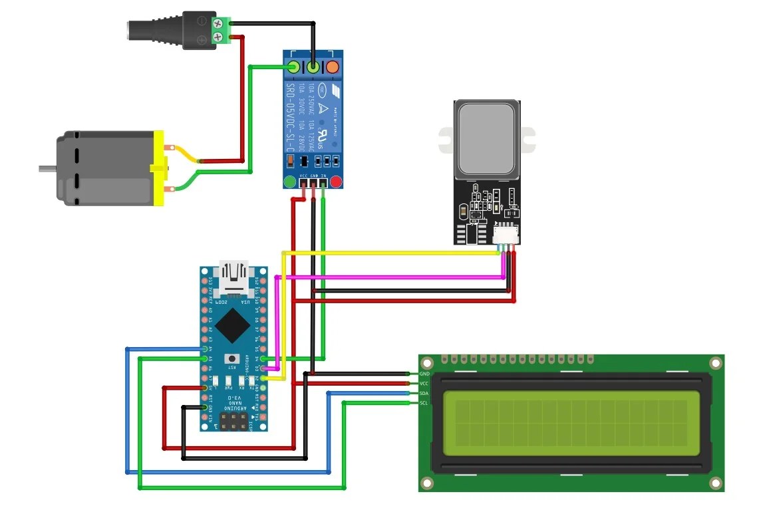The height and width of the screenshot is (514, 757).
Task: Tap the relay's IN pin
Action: pos(323,184)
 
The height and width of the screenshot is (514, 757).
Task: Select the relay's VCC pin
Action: pos(304,184)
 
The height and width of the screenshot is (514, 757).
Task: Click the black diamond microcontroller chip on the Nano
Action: pos(233,324)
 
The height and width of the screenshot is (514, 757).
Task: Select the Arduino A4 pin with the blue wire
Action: pos(205,348)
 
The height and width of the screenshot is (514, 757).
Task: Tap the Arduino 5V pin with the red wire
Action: pos(205,387)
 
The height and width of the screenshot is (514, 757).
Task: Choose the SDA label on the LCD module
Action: pos(424,393)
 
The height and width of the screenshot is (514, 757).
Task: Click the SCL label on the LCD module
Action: pos(424,402)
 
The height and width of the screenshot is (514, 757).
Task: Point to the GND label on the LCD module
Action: pos(424,374)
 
